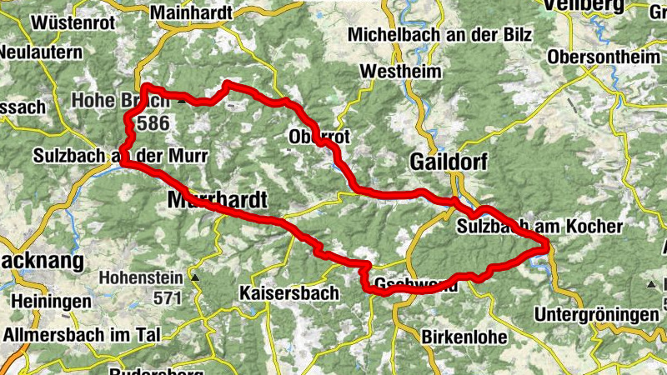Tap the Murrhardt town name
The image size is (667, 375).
(x=218, y=201)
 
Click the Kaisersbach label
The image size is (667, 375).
(x=288, y=293)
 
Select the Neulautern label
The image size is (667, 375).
(x=41, y=52)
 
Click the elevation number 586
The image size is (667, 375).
(x=155, y=124)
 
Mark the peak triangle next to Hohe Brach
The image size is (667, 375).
(x=182, y=101)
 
